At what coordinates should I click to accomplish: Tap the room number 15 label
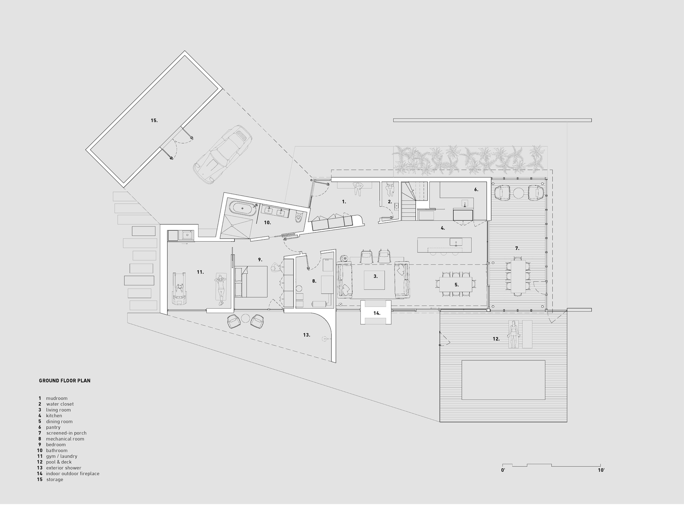tap(154, 121)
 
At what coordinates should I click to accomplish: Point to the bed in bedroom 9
tap(251, 281)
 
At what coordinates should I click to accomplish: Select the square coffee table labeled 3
tap(375, 279)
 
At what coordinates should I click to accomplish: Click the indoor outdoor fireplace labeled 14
tap(376, 312)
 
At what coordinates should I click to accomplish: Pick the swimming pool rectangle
tap(503, 380)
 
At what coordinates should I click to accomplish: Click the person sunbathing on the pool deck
tap(513, 334)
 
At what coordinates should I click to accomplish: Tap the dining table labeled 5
tap(456, 284)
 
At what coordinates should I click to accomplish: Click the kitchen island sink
tap(456, 242)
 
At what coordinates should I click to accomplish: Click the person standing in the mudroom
tap(358, 188)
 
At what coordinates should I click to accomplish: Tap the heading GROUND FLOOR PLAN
tap(65, 380)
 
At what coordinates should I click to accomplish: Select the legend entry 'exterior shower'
tap(64, 468)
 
